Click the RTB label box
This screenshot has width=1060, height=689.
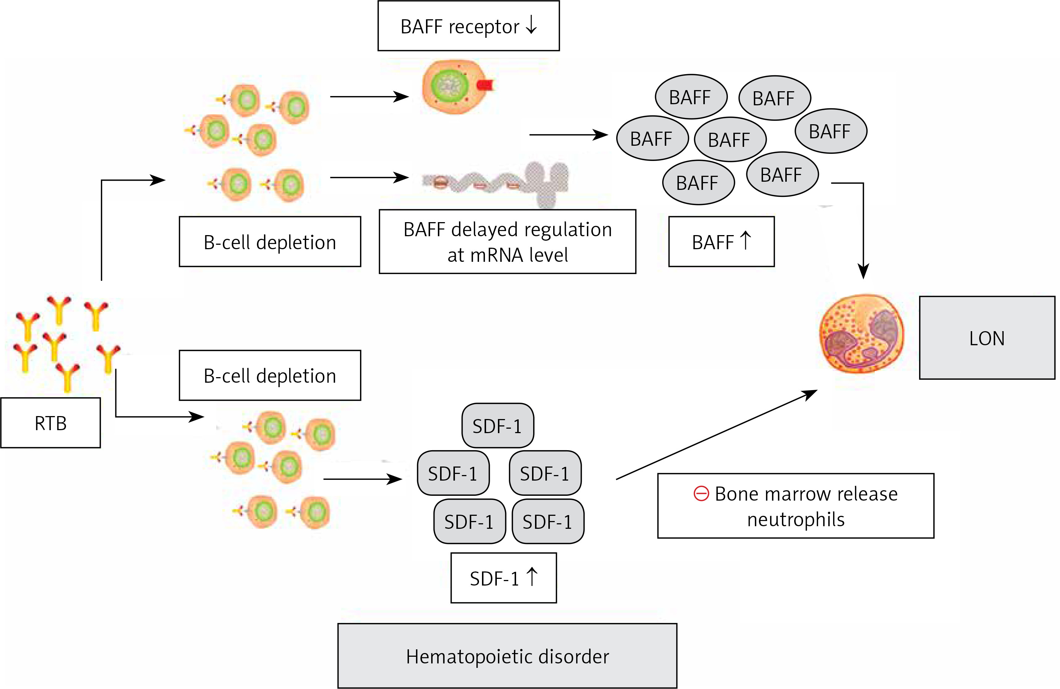[x=50, y=423]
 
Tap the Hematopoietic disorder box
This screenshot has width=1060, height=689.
[x=507, y=656]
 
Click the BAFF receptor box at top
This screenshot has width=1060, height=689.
[x=468, y=26]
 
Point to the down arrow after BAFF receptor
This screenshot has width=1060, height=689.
[x=531, y=25]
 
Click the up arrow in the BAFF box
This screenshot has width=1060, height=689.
[x=746, y=241]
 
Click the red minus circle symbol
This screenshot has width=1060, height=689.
[x=701, y=494]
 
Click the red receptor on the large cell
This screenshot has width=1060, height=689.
[x=484, y=84]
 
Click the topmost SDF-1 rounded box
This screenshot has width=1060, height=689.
[x=498, y=426]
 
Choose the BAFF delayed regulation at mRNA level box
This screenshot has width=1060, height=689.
[x=507, y=241]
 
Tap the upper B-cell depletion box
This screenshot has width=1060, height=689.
[x=270, y=241]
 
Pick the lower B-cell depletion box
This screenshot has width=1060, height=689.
[x=270, y=375]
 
